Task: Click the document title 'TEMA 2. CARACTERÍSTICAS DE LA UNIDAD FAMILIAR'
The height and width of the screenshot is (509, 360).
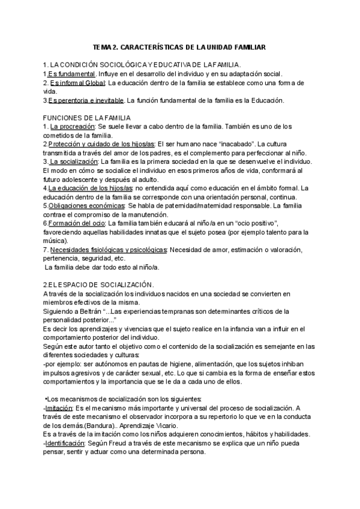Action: (179, 46)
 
